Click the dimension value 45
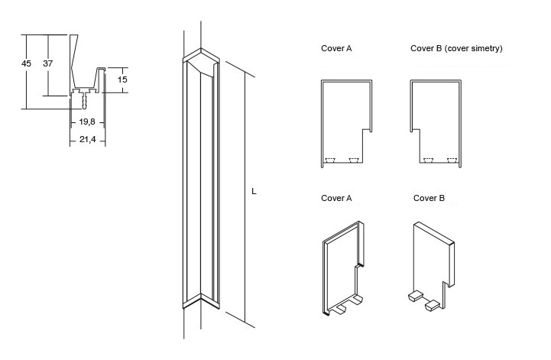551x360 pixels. click(x=27, y=64)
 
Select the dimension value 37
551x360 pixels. click(x=47, y=64)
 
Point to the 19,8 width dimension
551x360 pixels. click(x=86, y=122)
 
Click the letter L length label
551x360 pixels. click(x=253, y=191)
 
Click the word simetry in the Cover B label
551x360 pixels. click(x=485, y=48)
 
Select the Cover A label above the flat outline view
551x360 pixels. click(x=336, y=48)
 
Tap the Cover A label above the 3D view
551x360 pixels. click(x=336, y=198)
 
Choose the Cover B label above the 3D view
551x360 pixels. click(x=429, y=198)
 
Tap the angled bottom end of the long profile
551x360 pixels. click(x=200, y=300)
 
